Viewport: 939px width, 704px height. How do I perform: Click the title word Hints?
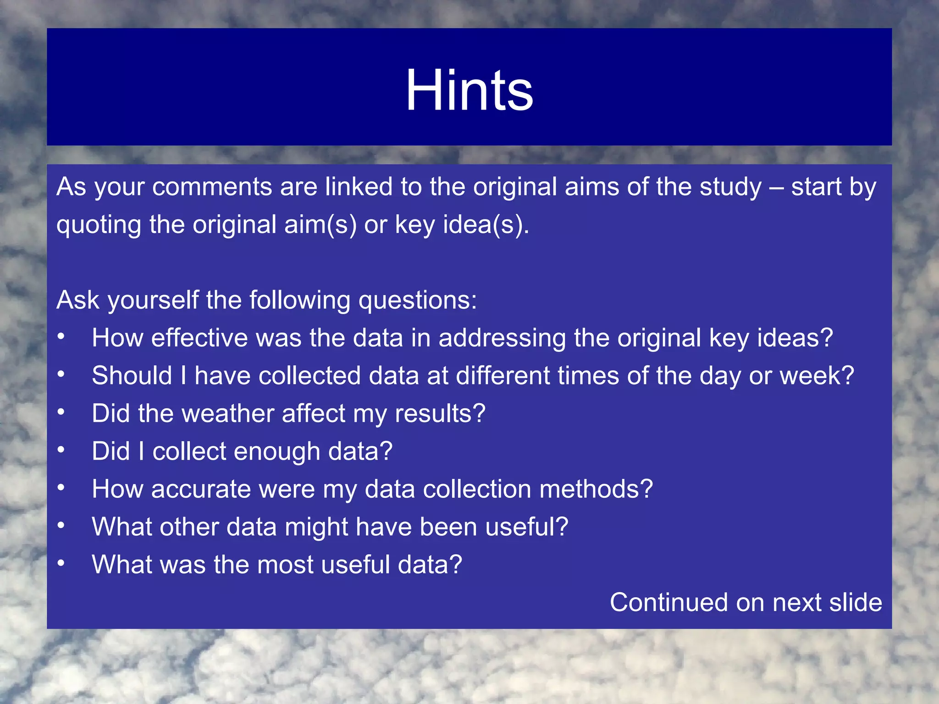469,90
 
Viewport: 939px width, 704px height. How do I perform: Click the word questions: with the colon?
418,301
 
